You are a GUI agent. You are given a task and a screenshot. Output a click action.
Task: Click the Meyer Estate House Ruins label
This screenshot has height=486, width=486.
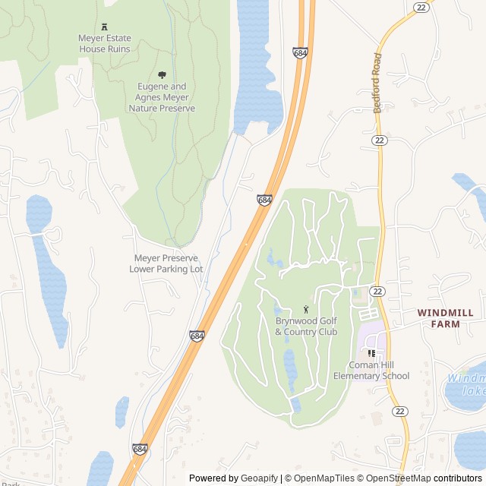[105, 43]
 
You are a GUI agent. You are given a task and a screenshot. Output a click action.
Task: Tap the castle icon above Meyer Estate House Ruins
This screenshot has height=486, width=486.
[105, 25]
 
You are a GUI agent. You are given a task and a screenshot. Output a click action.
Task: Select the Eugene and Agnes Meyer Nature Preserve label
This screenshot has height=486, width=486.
[162, 98]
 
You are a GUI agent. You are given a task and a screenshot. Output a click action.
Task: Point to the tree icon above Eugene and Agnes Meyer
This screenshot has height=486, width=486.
[162, 74]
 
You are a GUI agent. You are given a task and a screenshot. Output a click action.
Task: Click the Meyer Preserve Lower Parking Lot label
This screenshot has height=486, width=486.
[166, 264]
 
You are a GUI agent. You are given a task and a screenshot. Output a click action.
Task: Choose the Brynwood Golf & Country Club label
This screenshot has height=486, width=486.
[306, 327]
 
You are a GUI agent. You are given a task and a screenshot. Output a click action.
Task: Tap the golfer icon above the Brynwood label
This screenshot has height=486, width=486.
[306, 309]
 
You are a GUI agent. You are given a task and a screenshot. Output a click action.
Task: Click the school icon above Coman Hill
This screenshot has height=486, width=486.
[371, 353]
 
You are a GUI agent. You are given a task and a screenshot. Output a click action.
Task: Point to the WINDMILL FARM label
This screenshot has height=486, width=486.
[445, 318]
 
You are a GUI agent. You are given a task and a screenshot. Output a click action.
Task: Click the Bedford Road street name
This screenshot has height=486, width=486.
[377, 84]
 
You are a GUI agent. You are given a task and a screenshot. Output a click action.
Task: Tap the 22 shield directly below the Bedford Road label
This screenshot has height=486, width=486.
[378, 140]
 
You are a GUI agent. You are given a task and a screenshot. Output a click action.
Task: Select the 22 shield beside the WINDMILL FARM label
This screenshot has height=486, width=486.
[378, 292]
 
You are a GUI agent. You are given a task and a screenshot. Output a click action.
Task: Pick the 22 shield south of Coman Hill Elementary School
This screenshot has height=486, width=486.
[399, 411]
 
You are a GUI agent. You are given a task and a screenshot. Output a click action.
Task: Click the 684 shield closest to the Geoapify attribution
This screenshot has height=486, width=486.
[140, 450]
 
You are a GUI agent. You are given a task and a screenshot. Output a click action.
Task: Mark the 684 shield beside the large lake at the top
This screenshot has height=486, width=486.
[299, 52]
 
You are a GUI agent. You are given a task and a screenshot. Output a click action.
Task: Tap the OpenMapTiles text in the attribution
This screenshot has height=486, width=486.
[323, 478]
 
